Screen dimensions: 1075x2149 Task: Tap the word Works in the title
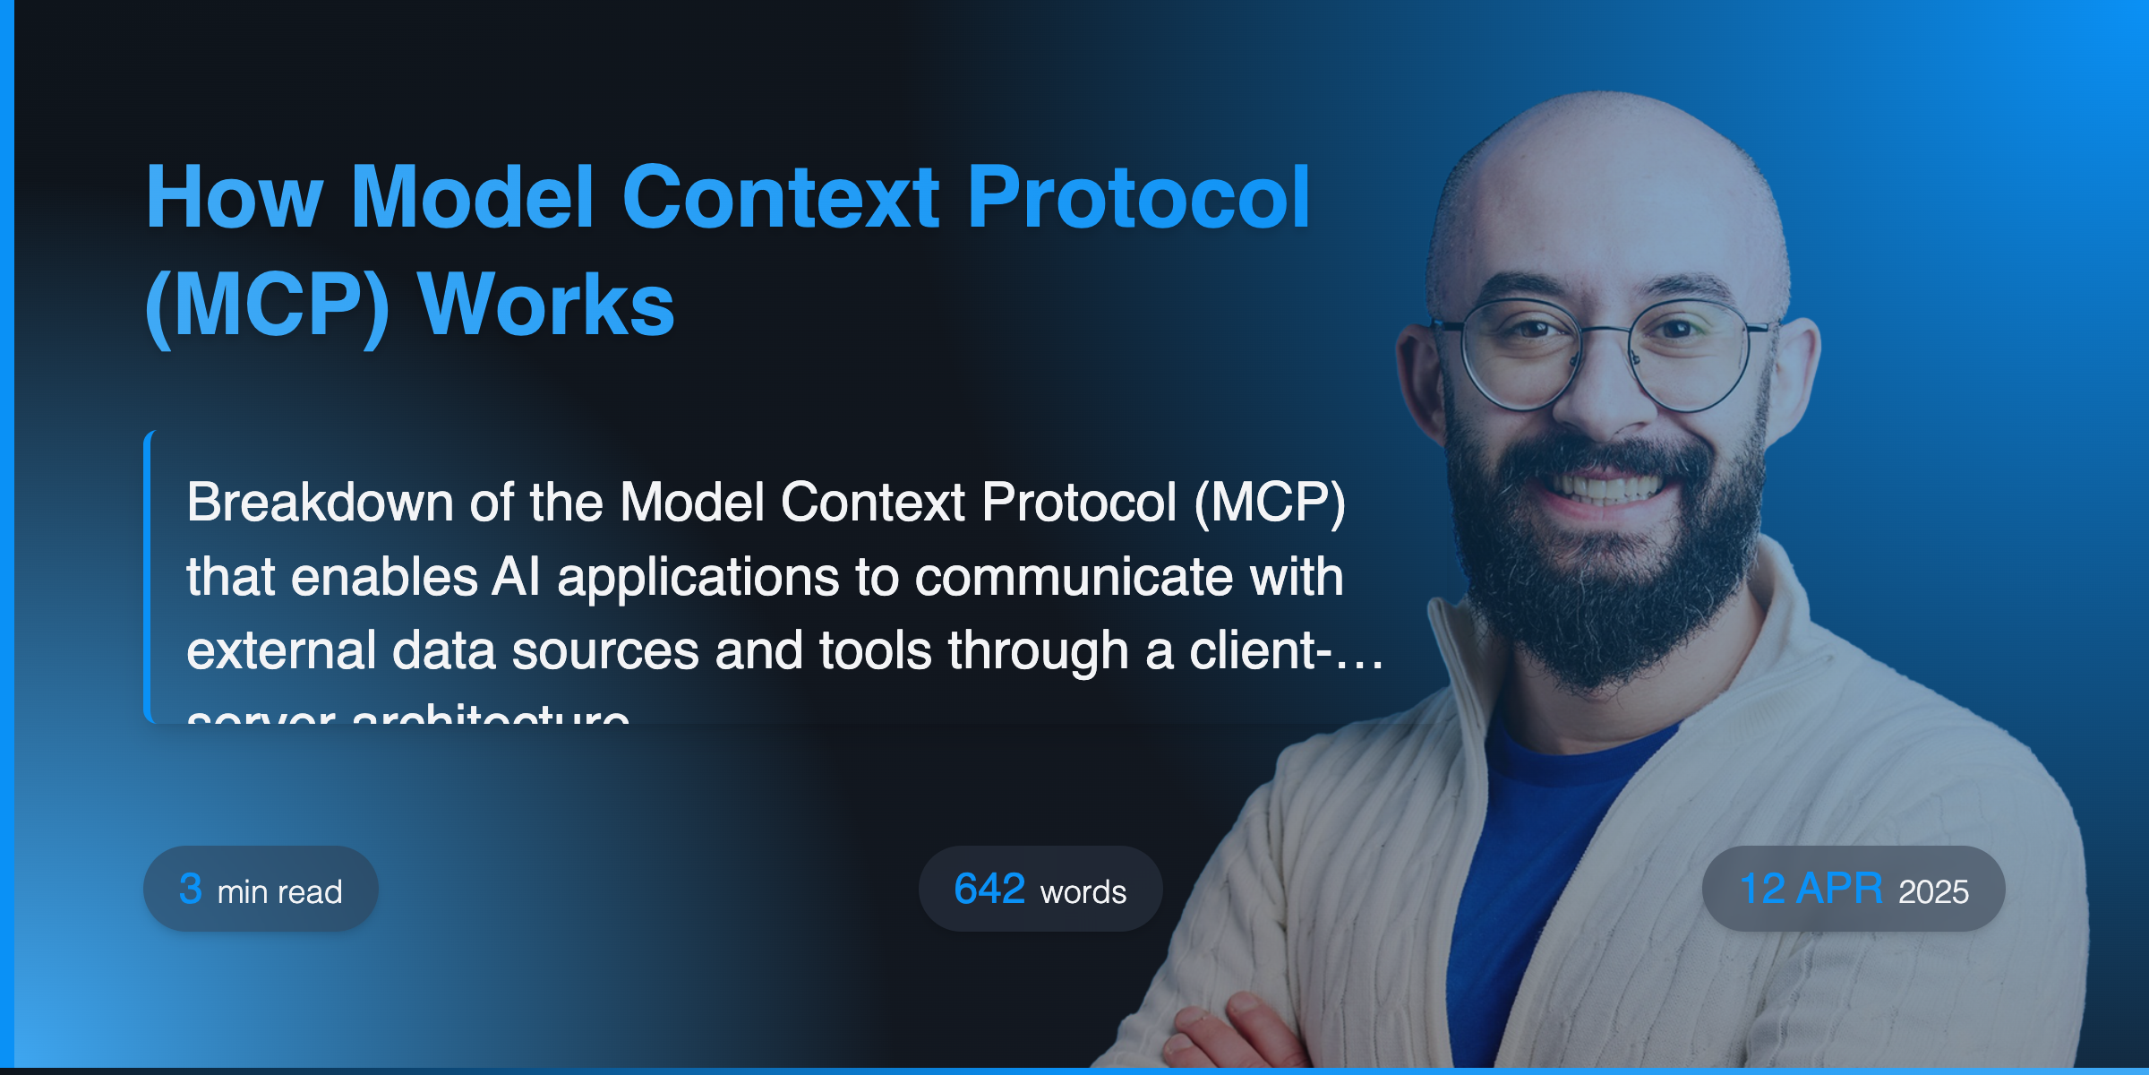(546, 306)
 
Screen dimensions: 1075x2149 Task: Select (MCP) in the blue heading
(267, 306)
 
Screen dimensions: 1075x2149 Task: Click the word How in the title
(233, 199)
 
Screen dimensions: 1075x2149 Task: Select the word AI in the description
(516, 577)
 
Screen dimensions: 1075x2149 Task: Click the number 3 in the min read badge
(190, 889)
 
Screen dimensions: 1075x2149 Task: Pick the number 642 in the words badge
(989, 889)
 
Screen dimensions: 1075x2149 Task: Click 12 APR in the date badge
(1810, 889)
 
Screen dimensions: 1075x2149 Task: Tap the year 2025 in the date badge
(1933, 892)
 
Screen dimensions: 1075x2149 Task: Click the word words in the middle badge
(1083, 892)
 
